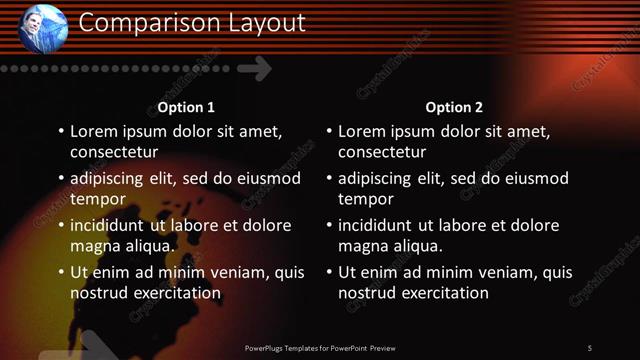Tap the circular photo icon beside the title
[43, 28]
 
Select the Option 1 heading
[186, 107]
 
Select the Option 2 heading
[454, 107]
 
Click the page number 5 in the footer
[589, 347]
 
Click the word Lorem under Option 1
[94, 131]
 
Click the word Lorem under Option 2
[362, 131]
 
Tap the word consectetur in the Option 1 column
[114, 152]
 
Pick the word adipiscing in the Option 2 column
[380, 178]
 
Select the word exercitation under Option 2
[440, 293]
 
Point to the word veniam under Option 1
[239, 272]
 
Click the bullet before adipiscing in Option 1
[60, 179]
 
